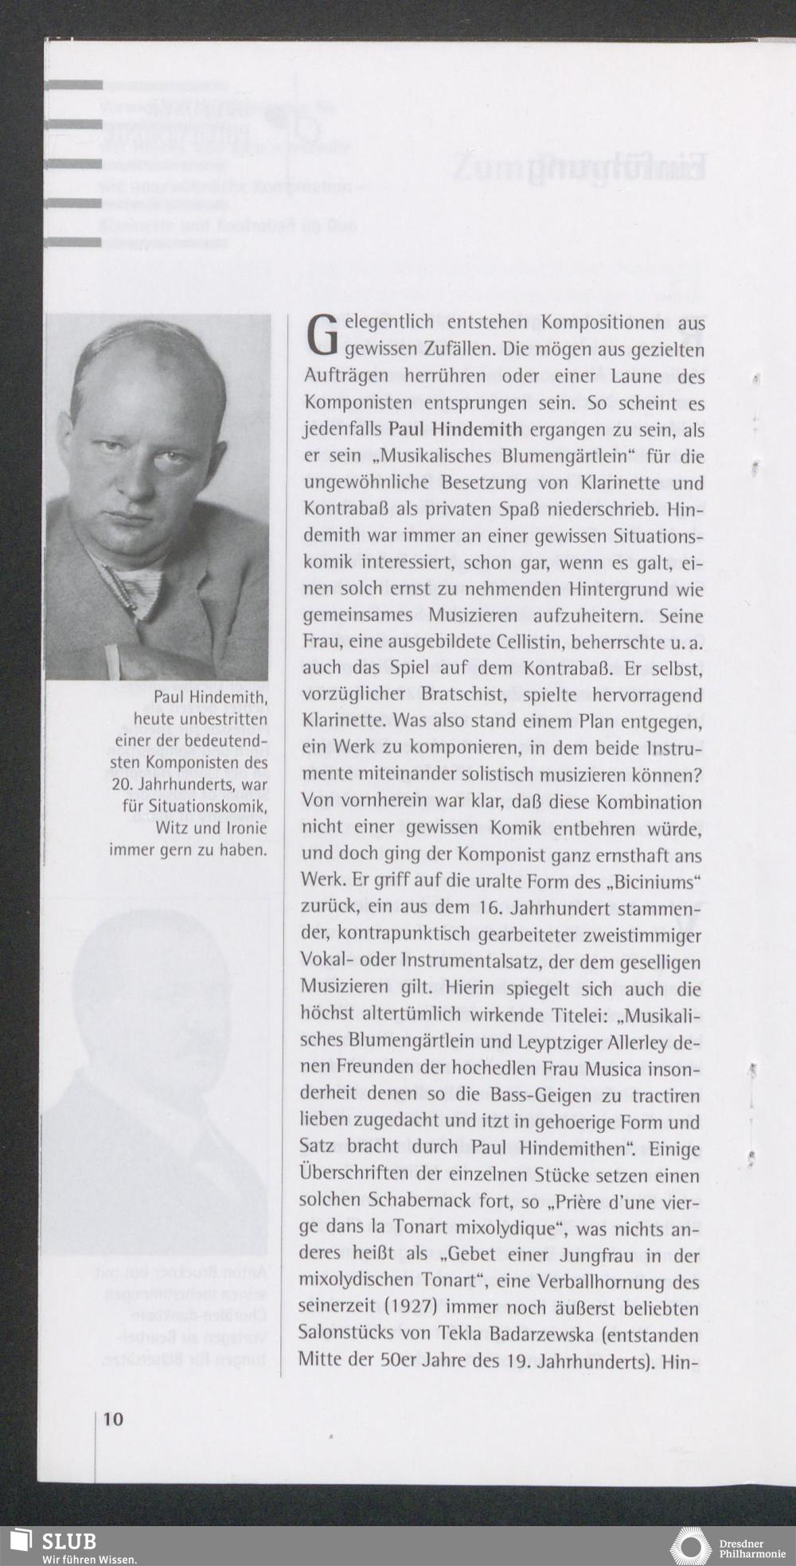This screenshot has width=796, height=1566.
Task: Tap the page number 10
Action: click(x=113, y=1419)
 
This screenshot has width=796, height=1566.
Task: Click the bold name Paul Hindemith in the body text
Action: click(x=455, y=430)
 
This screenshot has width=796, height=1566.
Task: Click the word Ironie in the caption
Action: click(x=242, y=828)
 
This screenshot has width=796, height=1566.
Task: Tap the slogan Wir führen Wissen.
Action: click(x=90, y=1559)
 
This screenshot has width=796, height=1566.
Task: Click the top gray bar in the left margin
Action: click(x=74, y=84)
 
